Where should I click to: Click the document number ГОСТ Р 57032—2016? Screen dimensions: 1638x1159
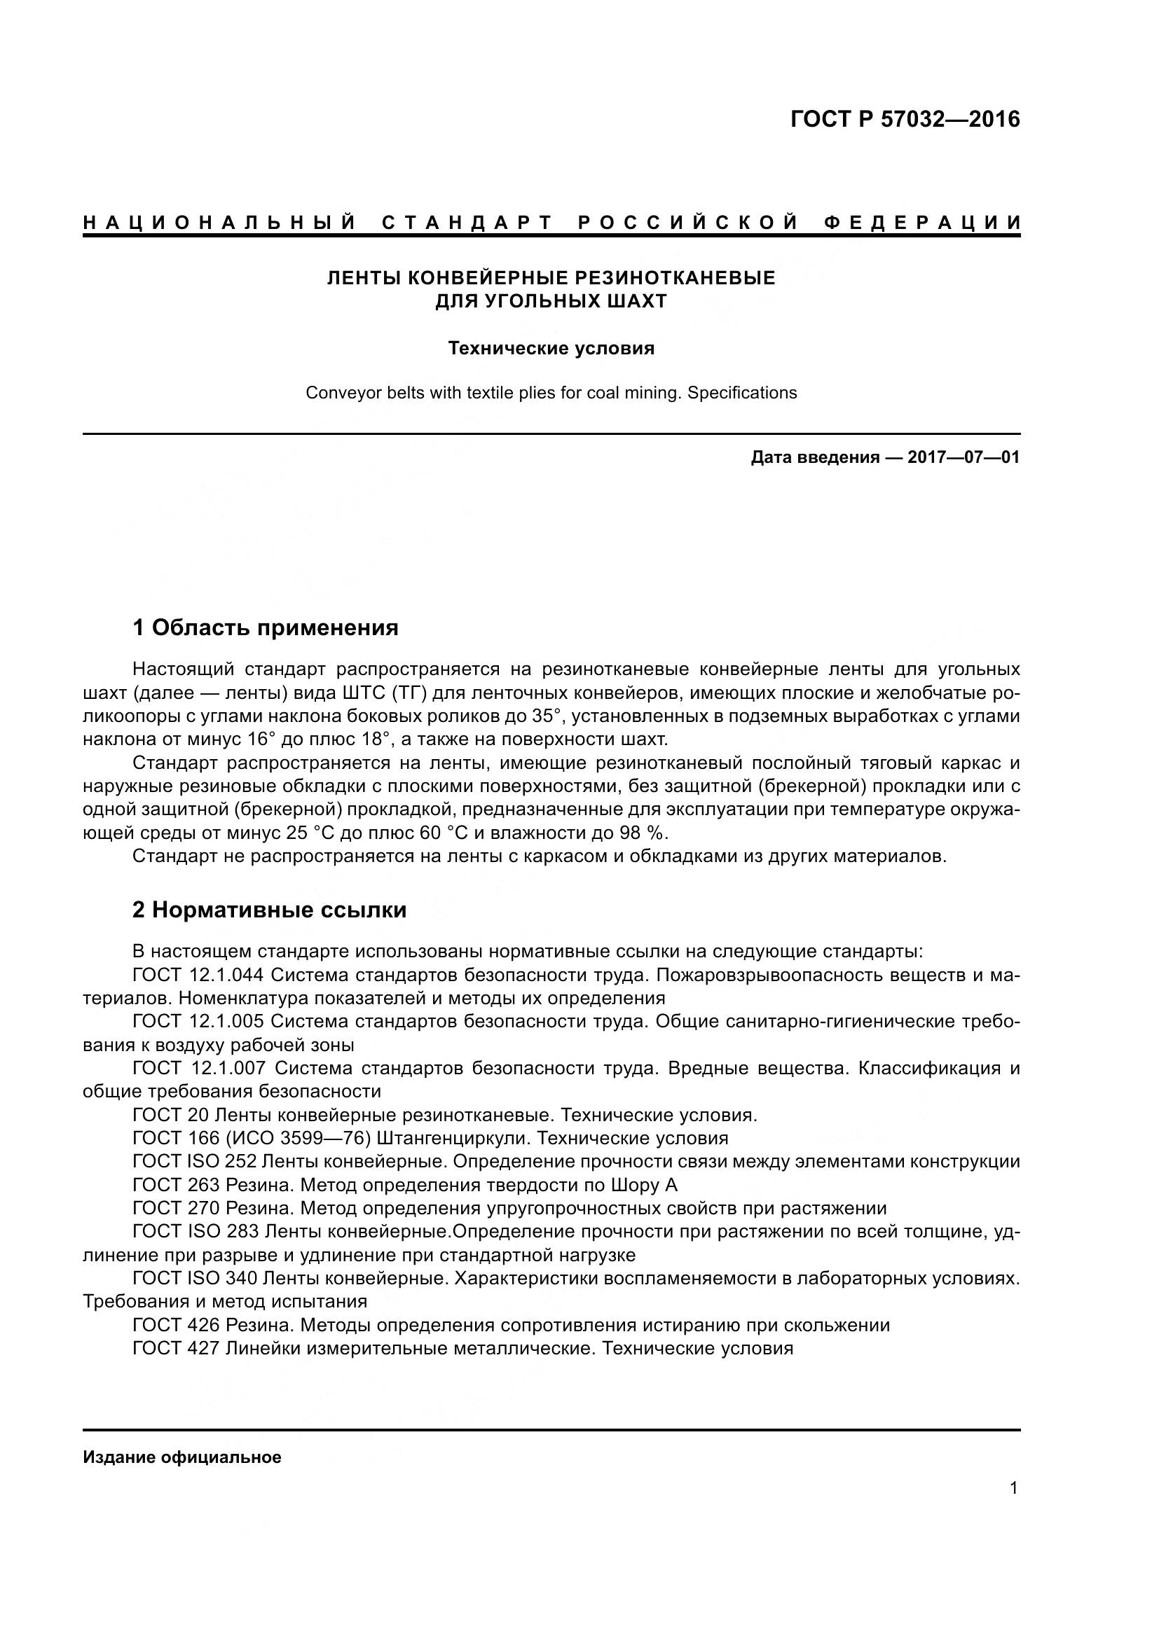coord(905,119)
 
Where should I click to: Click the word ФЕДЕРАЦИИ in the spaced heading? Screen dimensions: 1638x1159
coord(921,223)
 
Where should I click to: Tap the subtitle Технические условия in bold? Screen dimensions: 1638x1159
coord(551,348)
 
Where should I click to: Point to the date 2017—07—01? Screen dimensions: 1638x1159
coord(963,457)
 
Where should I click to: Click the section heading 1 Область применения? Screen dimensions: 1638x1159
coord(265,627)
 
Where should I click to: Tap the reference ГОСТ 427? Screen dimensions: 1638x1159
coord(176,1348)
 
